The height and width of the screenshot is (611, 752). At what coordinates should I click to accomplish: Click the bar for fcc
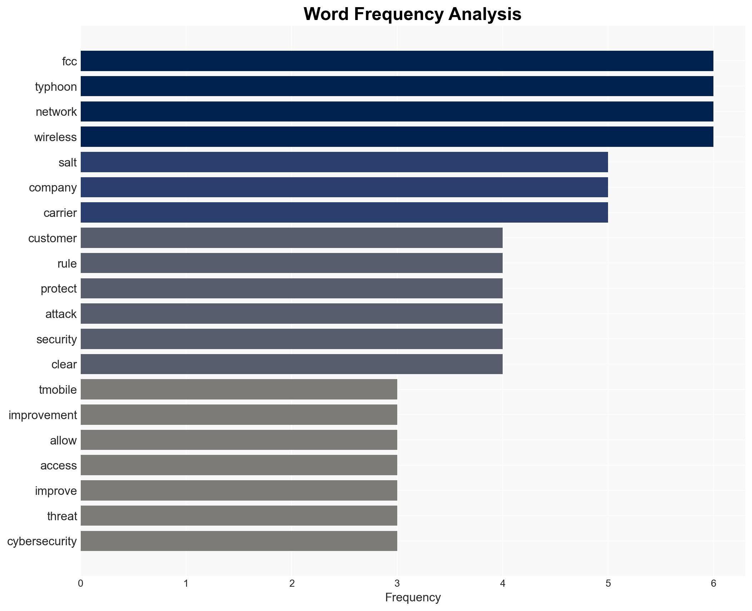(x=397, y=61)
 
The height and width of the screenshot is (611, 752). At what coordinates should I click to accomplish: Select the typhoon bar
(x=397, y=86)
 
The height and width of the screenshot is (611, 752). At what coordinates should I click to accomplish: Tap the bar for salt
(x=344, y=162)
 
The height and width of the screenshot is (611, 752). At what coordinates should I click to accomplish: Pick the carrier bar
(x=344, y=213)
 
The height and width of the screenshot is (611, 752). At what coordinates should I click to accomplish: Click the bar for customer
(x=292, y=238)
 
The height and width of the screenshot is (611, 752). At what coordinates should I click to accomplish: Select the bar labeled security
(x=292, y=339)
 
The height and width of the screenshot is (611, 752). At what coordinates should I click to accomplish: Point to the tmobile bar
(x=239, y=389)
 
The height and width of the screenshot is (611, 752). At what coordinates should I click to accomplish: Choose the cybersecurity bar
(x=239, y=541)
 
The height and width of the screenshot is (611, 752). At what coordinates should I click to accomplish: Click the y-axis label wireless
(x=55, y=137)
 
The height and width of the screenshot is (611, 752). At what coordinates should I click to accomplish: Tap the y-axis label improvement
(x=43, y=415)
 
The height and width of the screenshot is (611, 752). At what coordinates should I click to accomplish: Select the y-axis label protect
(x=59, y=289)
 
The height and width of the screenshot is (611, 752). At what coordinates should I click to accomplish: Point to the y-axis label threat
(x=62, y=516)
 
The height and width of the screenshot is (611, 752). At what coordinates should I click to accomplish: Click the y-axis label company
(x=53, y=188)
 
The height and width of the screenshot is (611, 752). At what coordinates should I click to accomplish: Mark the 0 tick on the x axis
(x=81, y=583)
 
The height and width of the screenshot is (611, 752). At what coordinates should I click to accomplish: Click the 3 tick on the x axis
(x=397, y=583)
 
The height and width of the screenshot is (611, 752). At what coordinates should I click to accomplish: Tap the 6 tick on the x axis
(x=713, y=583)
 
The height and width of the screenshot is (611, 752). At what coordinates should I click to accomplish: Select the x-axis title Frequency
(x=413, y=597)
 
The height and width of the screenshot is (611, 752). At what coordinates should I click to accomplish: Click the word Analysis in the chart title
(x=485, y=14)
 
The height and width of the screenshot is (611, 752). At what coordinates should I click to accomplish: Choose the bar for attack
(x=292, y=314)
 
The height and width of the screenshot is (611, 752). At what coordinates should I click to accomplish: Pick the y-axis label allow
(x=63, y=441)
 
